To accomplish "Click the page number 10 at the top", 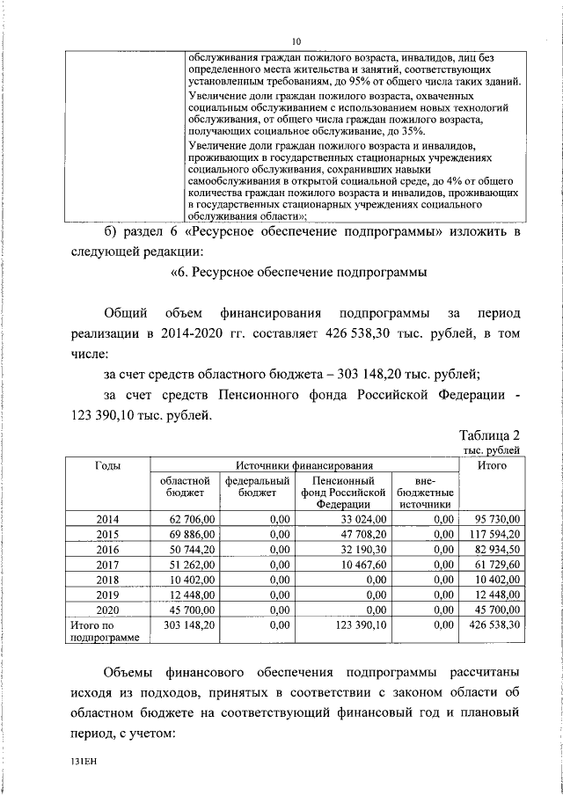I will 296,41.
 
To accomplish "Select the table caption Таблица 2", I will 490,435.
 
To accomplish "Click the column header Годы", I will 107,464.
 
